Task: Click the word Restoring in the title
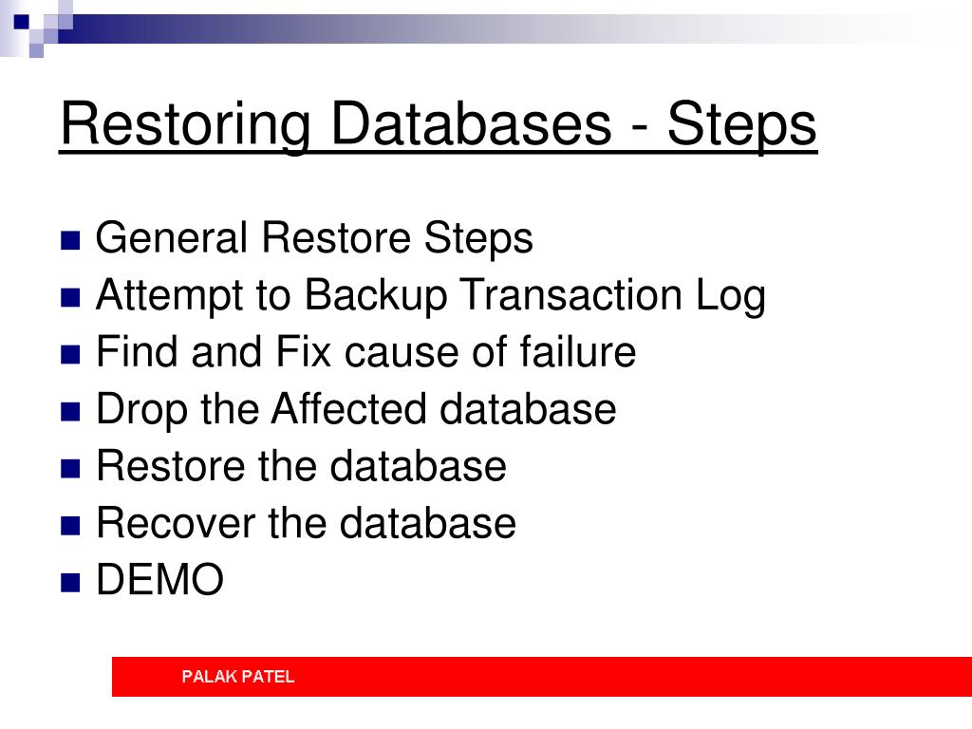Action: (x=185, y=126)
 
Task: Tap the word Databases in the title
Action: (x=471, y=123)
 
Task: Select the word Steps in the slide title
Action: (x=742, y=126)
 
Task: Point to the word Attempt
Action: (x=169, y=296)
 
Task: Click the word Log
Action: (x=730, y=296)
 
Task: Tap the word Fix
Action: (x=303, y=351)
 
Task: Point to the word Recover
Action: (x=176, y=523)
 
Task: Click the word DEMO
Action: (x=159, y=580)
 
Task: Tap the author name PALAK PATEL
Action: (x=238, y=676)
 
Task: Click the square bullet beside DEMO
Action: (x=70, y=583)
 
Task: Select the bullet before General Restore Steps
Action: (x=70, y=240)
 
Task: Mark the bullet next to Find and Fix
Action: (x=70, y=354)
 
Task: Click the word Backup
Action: (x=376, y=296)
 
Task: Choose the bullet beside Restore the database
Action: (x=70, y=469)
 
